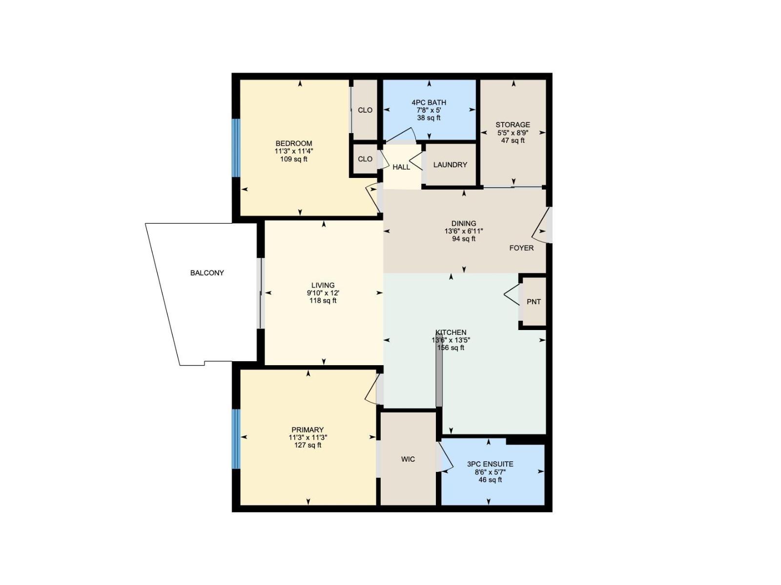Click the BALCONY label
207,273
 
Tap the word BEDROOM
294,143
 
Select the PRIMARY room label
308,430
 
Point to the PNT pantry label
534,302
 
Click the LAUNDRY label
450,165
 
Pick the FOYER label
521,248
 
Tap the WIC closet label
408,459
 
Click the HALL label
401,167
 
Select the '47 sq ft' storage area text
513,140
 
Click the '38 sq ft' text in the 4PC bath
429,118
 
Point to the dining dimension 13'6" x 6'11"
464,232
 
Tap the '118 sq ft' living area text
323,301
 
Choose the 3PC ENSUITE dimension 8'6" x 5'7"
490,472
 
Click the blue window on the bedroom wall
236,148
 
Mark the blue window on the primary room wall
236,439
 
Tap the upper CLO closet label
365,110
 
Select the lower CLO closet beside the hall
365,159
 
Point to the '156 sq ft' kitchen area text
451,348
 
